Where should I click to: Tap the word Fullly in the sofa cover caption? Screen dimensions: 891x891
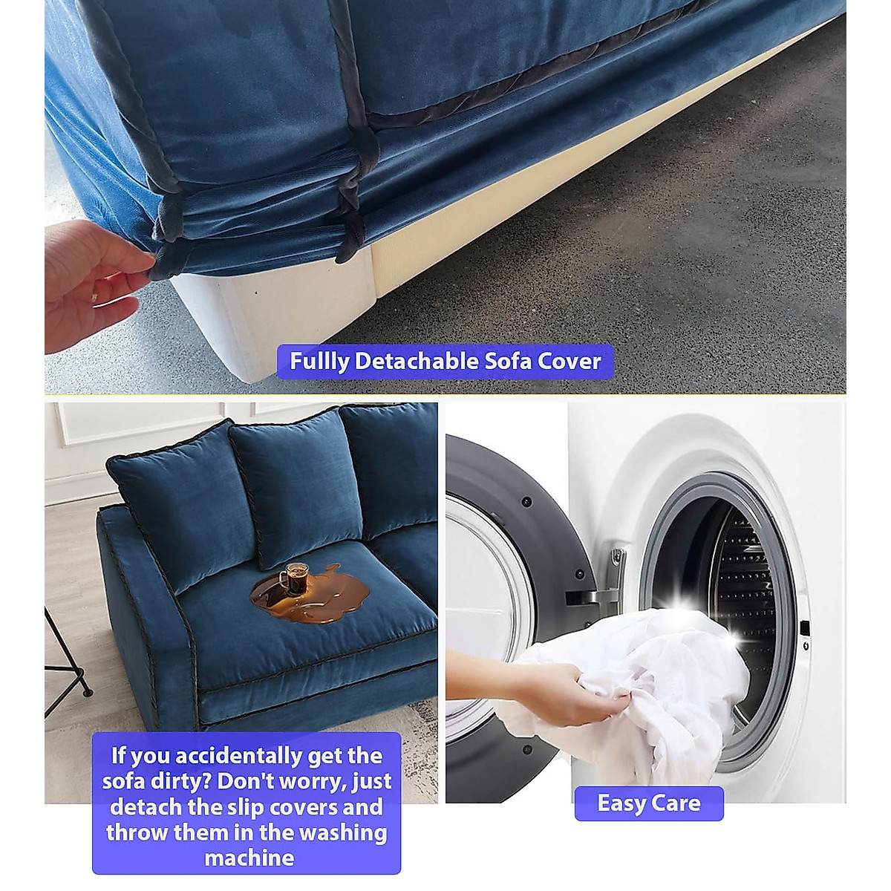click(x=319, y=362)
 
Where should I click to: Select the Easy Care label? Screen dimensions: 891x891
click(x=648, y=803)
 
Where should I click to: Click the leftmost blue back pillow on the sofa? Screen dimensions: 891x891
click(x=182, y=505)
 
